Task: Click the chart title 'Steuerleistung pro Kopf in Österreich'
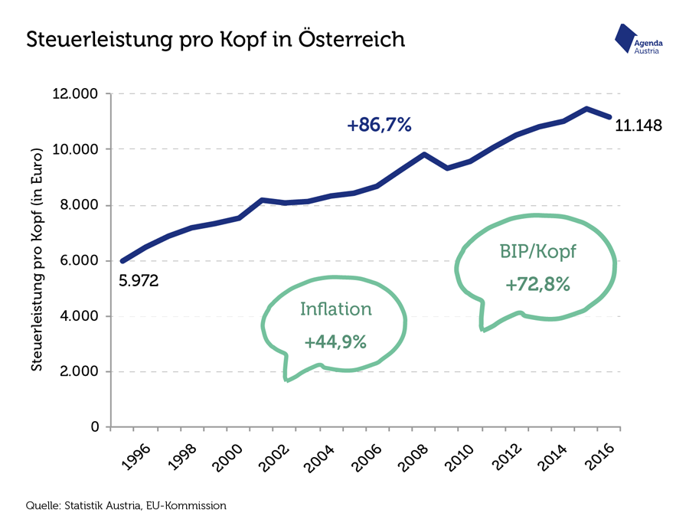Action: [215, 39]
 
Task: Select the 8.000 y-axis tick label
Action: [81, 205]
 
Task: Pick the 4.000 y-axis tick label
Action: [81, 316]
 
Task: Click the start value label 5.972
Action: [139, 281]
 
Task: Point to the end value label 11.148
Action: [638, 125]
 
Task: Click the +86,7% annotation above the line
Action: [379, 125]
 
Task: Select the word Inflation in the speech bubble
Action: [335, 309]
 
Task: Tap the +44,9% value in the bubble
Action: [335, 342]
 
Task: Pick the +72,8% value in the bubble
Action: [537, 285]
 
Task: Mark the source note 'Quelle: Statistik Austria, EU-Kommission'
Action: [126, 505]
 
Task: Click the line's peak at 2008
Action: [424, 155]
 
